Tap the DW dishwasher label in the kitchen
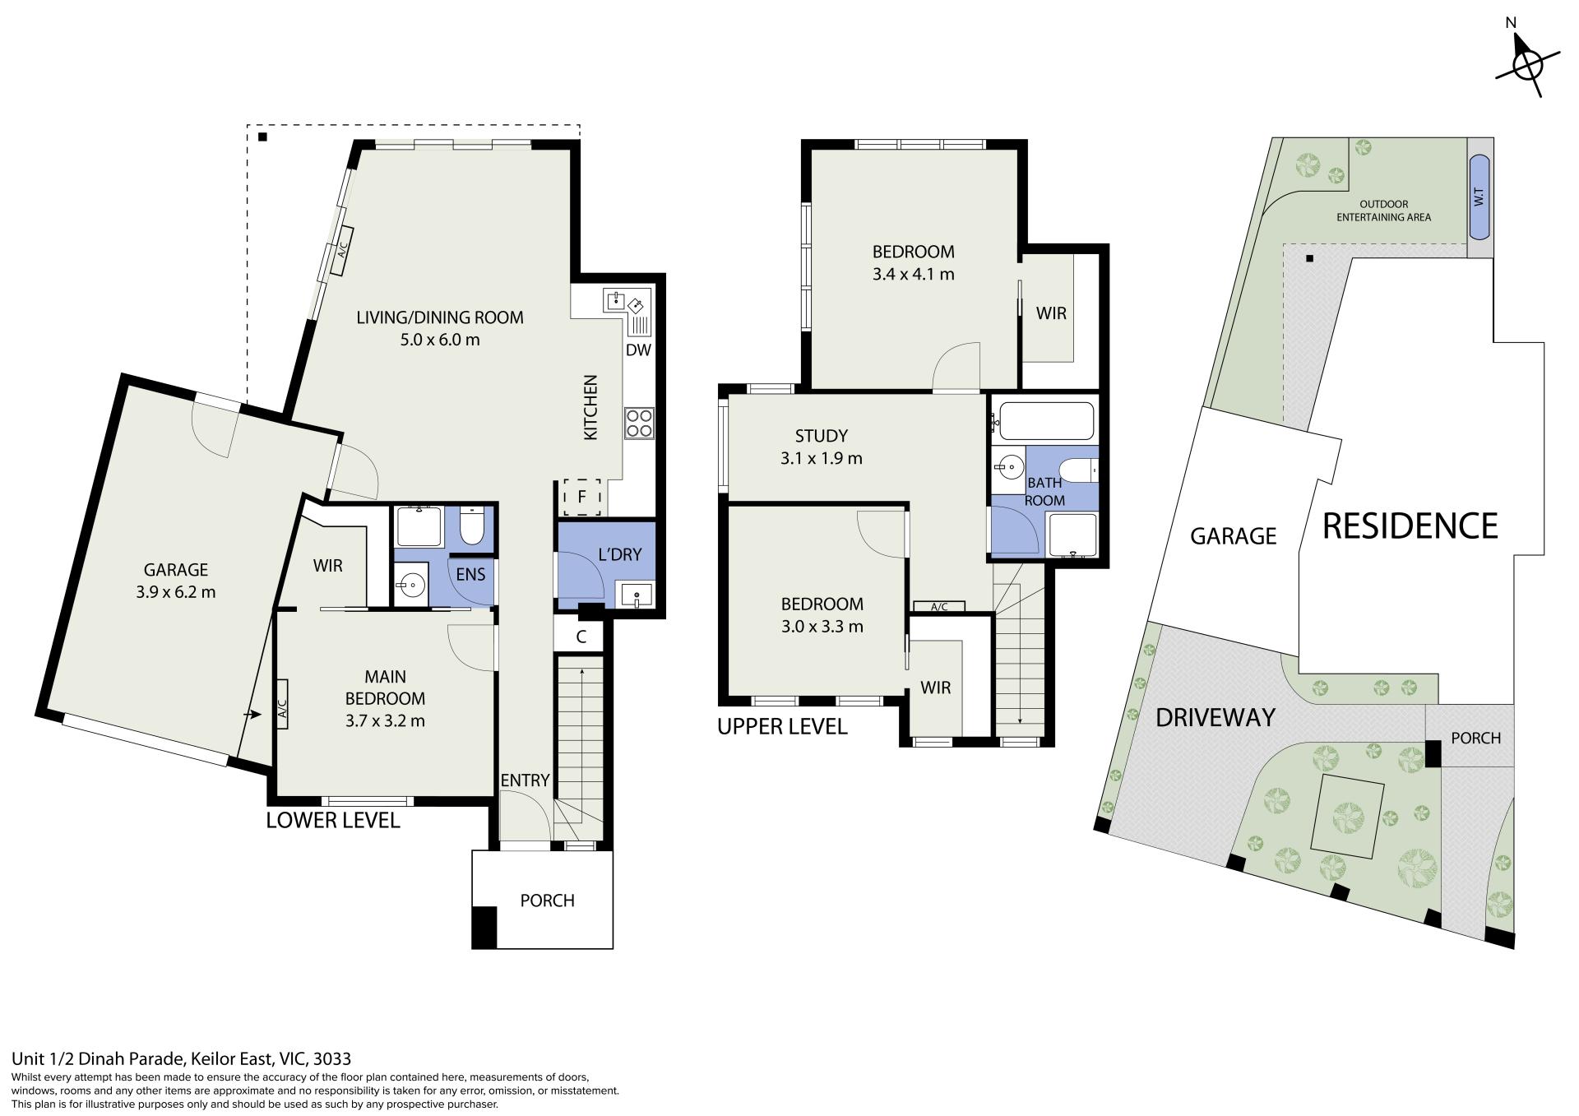point(638,350)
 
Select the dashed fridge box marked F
point(581,497)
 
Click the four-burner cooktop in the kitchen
point(638,423)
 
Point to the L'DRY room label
point(619,554)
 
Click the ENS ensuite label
point(470,574)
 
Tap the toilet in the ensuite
point(471,526)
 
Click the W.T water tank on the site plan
point(1479,197)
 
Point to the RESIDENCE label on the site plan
point(1410,526)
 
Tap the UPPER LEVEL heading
point(782,727)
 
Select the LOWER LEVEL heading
point(333,820)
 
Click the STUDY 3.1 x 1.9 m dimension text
point(822,458)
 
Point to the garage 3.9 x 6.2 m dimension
point(176,591)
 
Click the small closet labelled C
point(581,637)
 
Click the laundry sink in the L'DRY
point(637,595)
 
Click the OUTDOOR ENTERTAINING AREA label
point(1383,211)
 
